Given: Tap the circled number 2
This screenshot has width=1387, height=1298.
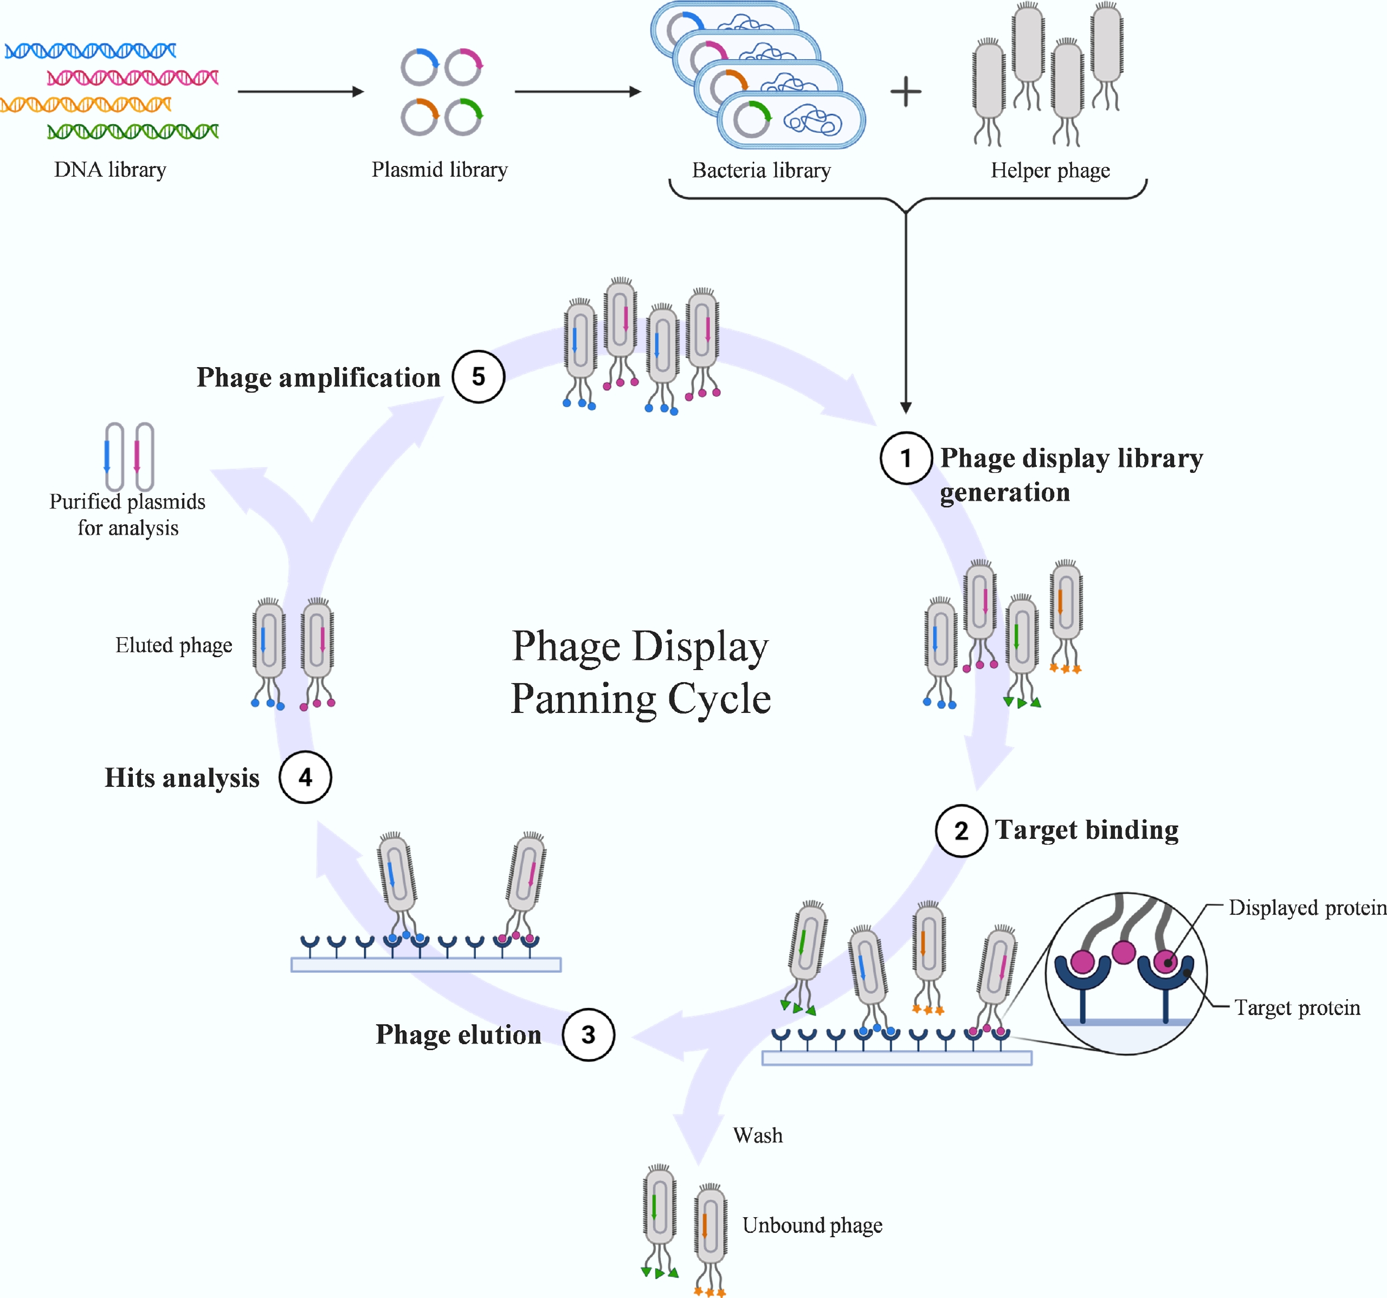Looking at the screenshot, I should click(961, 831).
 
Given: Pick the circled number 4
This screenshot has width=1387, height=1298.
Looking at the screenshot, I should click(305, 777).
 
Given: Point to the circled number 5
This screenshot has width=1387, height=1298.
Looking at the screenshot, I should click(478, 377).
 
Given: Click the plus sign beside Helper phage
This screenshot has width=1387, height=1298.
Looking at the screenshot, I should click(906, 92).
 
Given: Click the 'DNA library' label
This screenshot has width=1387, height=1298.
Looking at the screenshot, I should click(110, 170).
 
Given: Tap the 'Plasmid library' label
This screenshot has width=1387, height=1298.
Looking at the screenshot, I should click(440, 170).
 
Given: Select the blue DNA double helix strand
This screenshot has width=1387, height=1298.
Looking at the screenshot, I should click(91, 50).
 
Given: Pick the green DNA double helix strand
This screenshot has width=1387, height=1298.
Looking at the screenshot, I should click(133, 131).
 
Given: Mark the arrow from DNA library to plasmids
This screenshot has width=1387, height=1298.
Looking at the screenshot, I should click(300, 92).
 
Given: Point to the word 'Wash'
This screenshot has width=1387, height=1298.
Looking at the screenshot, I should click(758, 1135).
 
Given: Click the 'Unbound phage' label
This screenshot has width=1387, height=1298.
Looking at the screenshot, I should click(812, 1225).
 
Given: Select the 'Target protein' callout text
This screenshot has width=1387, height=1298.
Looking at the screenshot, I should click(1297, 1008).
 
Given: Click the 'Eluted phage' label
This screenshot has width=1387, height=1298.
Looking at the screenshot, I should click(174, 645).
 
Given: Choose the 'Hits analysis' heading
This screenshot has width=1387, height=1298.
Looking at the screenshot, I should click(182, 777).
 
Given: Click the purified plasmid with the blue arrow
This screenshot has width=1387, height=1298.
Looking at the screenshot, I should click(114, 457).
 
